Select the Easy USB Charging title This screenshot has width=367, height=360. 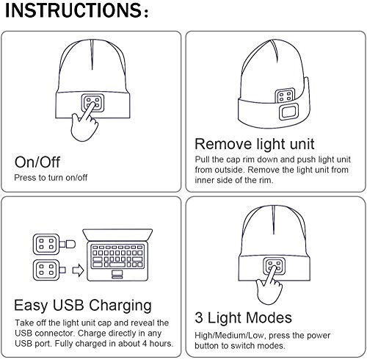coord(83,304)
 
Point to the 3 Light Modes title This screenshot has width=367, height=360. coord(244,318)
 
